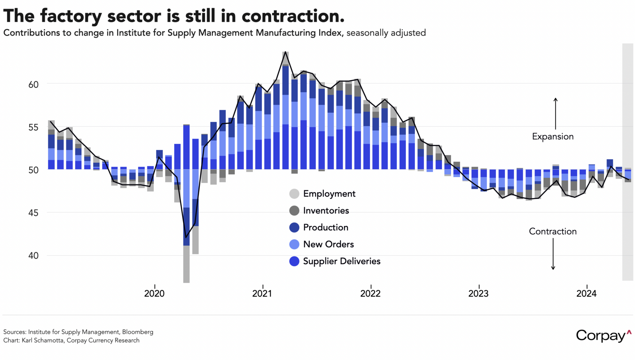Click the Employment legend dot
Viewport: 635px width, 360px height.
[x=294, y=194]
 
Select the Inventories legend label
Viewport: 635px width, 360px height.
[x=326, y=211]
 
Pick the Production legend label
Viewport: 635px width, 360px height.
[x=326, y=228]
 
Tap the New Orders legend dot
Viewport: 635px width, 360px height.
[x=294, y=244]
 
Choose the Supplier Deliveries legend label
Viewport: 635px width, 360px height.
[x=341, y=261]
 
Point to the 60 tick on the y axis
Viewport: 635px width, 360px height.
[x=33, y=85]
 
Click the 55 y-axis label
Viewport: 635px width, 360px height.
[x=33, y=127]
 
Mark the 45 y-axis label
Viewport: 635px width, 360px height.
[x=33, y=213]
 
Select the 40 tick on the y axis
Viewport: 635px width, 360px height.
[x=33, y=256]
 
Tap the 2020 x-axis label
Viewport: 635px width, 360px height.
[x=154, y=294]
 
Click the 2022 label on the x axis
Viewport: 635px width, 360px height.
[x=370, y=294]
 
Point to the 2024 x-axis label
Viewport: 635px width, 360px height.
[x=586, y=294]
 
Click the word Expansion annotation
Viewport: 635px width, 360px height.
[x=553, y=137]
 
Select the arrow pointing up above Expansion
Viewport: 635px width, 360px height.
[x=555, y=113]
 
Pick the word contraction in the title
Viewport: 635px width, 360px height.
[x=293, y=16]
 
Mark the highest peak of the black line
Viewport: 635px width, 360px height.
[x=285, y=52]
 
